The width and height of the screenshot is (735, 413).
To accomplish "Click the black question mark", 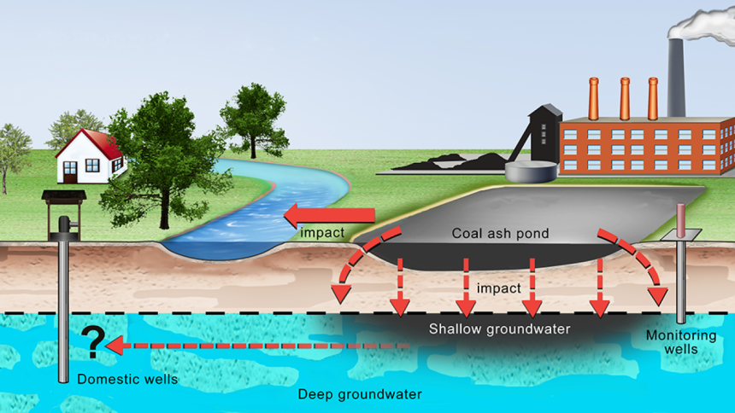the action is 93,342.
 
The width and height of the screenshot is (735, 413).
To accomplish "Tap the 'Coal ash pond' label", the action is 500,233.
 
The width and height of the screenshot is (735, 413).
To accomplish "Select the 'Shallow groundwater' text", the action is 499,329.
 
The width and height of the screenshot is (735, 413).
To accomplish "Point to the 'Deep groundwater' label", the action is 360,394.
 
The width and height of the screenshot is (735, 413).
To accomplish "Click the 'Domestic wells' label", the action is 127,379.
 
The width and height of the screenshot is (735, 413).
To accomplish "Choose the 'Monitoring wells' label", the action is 681,342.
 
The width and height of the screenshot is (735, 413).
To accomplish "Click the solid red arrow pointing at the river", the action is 330,215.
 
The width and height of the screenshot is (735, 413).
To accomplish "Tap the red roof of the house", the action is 101,143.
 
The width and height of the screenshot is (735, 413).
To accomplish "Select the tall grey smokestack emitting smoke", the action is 676,78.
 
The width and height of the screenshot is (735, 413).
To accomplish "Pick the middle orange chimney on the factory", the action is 625,99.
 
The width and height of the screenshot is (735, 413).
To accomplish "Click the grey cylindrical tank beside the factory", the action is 531,172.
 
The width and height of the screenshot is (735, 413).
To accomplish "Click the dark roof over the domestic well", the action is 64,195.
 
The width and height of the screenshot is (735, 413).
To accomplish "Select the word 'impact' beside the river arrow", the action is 322,233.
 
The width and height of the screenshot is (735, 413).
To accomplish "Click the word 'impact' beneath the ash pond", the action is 499,288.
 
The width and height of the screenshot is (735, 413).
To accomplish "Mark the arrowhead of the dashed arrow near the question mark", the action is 115,346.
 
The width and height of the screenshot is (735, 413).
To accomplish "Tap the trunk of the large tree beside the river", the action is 164,211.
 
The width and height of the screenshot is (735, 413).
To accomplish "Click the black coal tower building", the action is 544,134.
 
